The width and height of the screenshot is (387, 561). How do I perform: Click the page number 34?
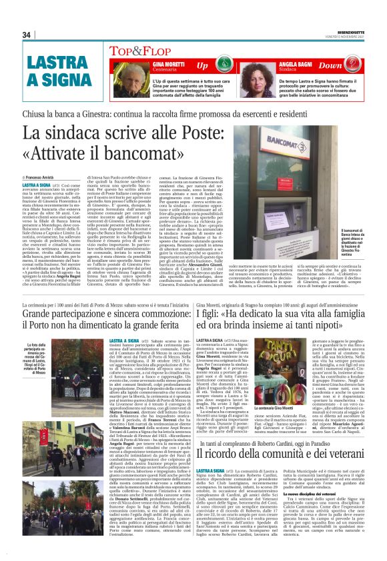coord(27,35)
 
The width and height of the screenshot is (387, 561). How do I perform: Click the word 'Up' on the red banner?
coord(202,65)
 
